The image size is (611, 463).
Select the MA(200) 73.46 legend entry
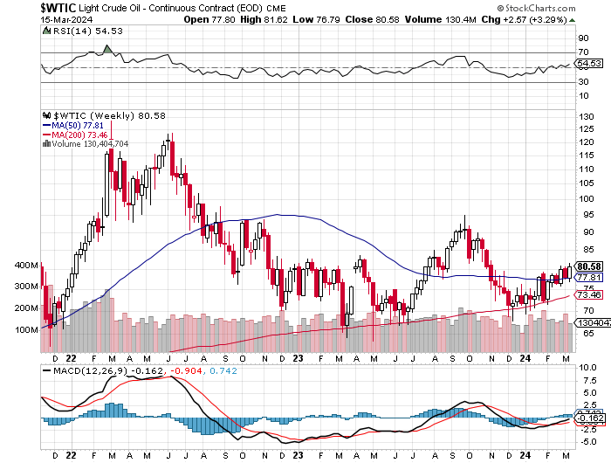click(x=70, y=135)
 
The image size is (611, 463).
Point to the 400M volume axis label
click(x=27, y=266)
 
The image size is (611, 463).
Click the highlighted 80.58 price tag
click(x=590, y=266)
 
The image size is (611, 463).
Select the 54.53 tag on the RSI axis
click(x=590, y=63)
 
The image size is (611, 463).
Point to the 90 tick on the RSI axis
click(x=582, y=38)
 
